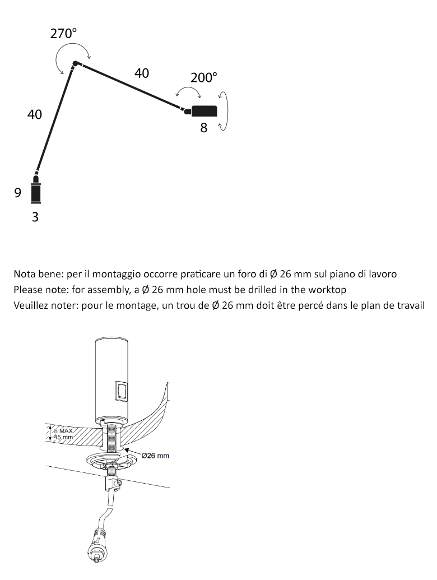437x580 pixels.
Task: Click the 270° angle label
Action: click(63, 33)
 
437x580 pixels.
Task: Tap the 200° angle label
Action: click(203, 77)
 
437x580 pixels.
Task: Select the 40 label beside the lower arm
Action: click(35, 114)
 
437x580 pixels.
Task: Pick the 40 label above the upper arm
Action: click(142, 73)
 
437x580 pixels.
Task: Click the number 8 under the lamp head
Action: click(204, 128)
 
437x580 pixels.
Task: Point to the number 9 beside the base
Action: click(18, 193)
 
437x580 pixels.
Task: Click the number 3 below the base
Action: click(35, 217)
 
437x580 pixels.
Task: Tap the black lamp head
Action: click(204, 111)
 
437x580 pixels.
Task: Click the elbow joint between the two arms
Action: click(75, 64)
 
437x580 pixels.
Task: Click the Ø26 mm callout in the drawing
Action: click(155, 456)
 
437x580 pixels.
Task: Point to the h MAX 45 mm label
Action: click(63, 434)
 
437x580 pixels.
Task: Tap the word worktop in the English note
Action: click(327, 290)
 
